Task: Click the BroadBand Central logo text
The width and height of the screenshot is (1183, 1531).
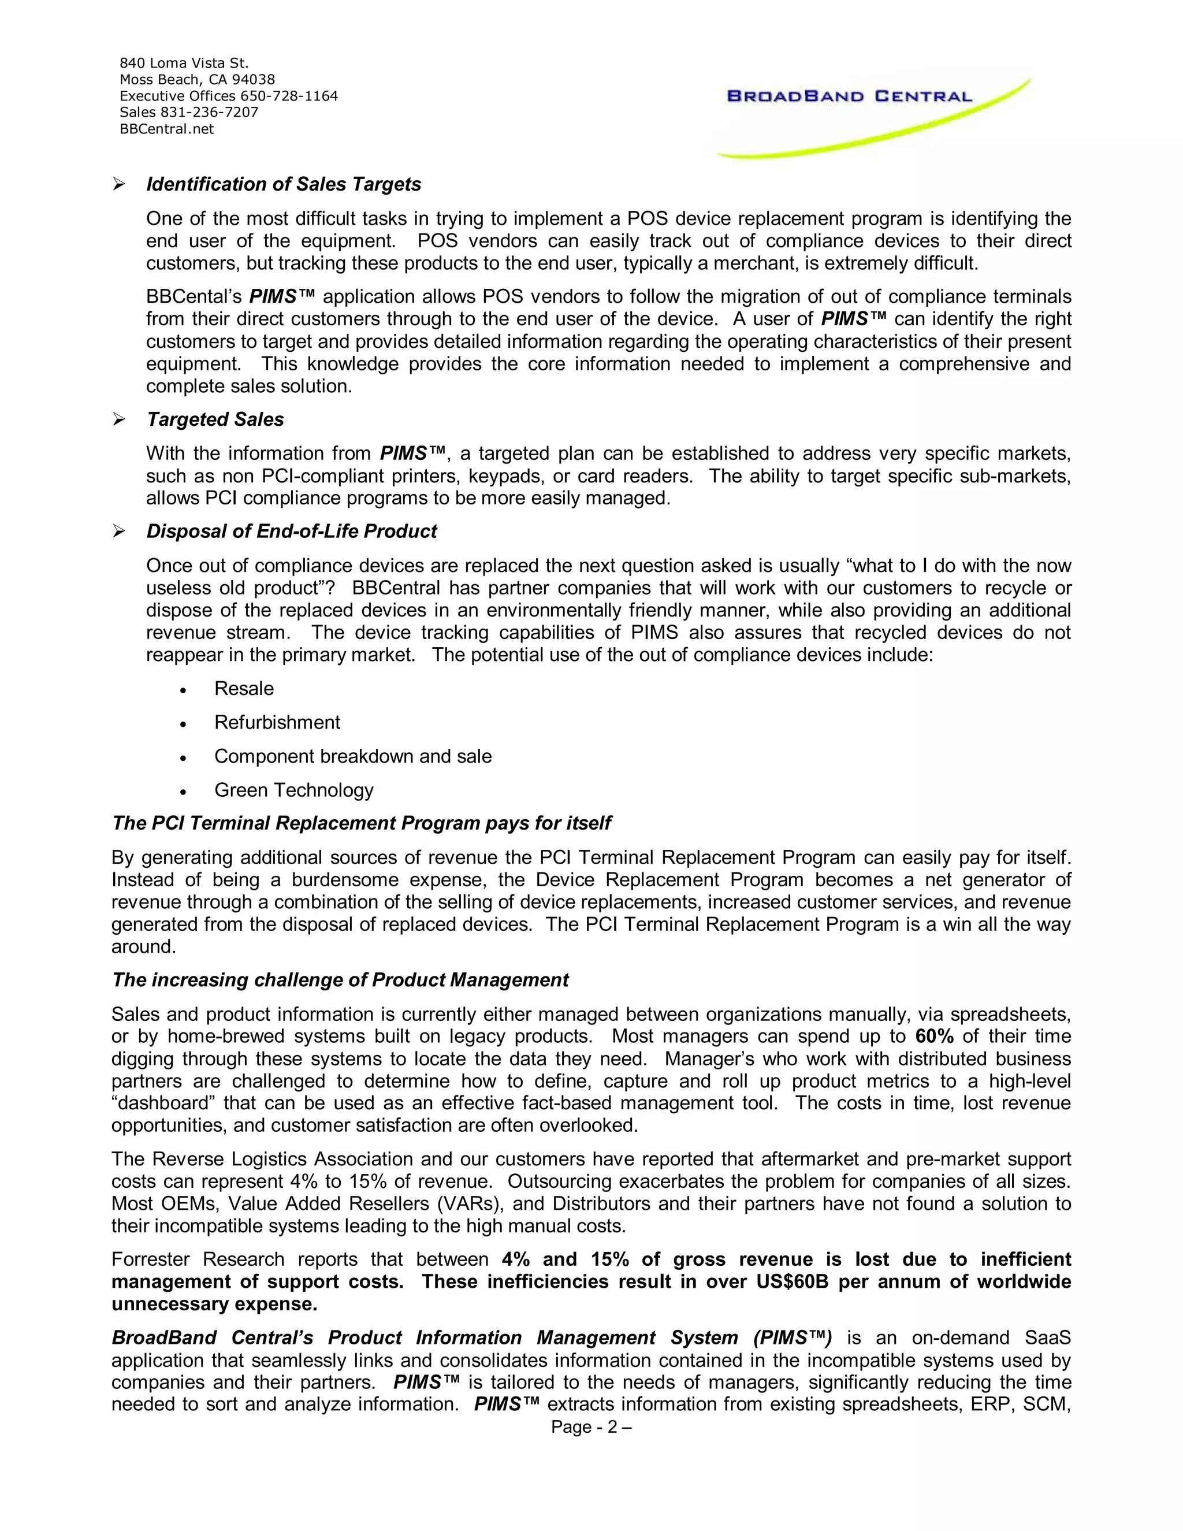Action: (849, 96)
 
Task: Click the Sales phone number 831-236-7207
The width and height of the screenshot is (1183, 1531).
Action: (210, 112)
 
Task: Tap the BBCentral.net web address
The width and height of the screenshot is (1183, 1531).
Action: (167, 129)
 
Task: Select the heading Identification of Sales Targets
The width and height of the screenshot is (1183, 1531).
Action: (283, 184)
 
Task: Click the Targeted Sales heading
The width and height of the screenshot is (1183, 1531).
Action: (215, 419)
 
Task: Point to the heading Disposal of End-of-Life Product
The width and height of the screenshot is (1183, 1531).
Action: (291, 532)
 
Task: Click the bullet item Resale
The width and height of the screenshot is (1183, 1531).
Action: (244, 689)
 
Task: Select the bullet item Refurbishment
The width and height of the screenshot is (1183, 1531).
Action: (277, 722)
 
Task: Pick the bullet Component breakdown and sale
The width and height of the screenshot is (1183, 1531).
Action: (352, 756)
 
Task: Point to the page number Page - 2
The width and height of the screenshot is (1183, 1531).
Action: (591, 1427)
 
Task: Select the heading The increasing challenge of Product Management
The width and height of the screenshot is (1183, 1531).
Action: (340, 980)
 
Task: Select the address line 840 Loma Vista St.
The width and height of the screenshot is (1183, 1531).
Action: (184, 63)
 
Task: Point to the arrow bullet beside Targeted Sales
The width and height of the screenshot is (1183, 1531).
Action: (118, 419)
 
